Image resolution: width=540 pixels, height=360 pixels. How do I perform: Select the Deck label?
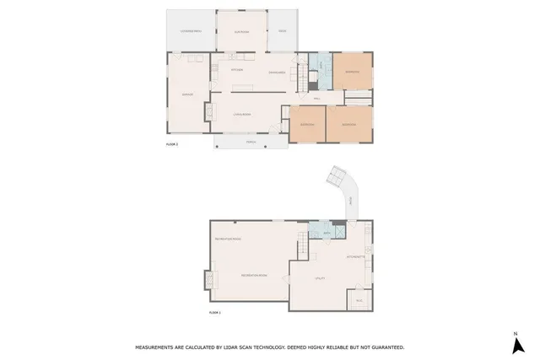coord(282,31)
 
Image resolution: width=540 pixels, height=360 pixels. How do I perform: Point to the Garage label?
coord(188,94)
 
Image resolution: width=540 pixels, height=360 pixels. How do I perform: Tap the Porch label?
coord(251,142)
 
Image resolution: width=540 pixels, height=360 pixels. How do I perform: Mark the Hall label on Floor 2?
coord(316,99)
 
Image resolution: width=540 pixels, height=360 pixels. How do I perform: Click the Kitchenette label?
coord(355,255)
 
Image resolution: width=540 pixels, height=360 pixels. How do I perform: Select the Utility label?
coord(321,278)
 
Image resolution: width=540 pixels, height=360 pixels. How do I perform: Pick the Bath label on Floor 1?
coord(326,234)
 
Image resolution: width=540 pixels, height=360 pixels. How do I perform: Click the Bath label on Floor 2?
coord(321,66)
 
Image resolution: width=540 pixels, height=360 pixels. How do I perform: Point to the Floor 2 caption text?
coord(172,145)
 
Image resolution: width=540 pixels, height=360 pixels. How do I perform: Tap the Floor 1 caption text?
coord(214,313)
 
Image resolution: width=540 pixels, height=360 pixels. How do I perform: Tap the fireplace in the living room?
coord(208,112)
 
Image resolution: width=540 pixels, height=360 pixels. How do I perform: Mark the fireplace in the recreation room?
coord(208,280)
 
